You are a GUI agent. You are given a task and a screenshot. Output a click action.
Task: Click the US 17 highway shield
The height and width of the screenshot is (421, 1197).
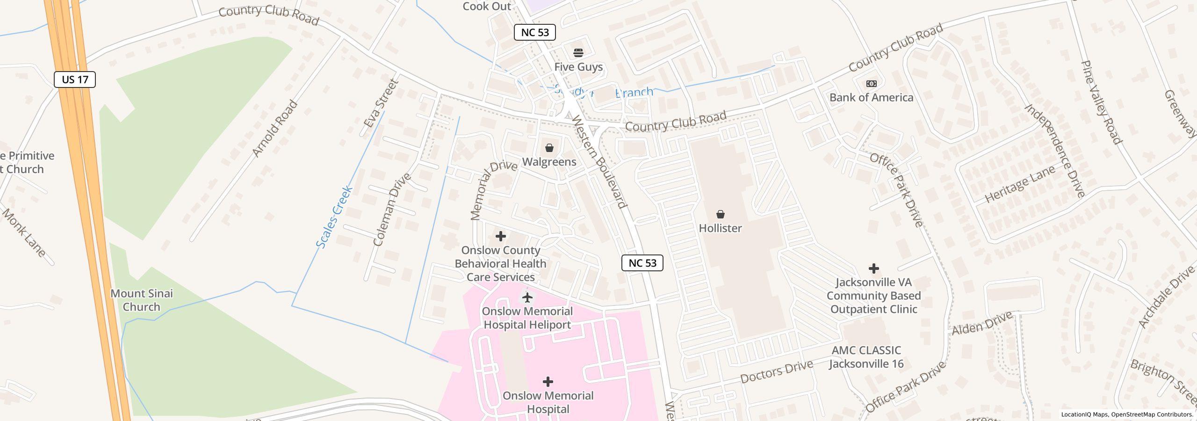point(75,80)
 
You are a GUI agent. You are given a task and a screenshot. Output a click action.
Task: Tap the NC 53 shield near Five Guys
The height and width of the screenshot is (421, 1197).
point(534,32)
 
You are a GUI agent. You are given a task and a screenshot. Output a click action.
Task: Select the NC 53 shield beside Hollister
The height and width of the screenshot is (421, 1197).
point(642,263)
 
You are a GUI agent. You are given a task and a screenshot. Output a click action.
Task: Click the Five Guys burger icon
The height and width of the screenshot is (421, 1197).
point(578,52)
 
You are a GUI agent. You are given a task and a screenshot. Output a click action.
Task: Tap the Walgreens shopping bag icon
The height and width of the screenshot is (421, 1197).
point(549,148)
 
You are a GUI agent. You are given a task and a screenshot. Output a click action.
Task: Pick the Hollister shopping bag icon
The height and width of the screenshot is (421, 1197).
point(720,214)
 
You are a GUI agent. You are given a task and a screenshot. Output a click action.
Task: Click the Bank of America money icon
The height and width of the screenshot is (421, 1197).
point(871,84)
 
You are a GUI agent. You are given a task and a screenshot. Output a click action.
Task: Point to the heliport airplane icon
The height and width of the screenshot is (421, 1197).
point(527,297)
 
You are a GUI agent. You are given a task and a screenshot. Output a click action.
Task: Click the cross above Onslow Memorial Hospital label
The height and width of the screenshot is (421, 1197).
point(548,382)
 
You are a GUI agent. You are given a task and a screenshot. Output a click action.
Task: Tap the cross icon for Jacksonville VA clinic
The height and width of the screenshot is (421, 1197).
point(873,269)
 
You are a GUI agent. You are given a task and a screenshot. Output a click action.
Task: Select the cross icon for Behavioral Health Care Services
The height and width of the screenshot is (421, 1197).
point(500,236)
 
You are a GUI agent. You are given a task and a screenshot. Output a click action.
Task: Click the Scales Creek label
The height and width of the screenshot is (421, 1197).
point(334,217)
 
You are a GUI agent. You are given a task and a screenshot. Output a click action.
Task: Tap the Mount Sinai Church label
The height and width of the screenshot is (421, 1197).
point(142,300)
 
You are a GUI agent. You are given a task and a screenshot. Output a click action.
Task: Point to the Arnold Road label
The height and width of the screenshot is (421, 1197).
point(274,128)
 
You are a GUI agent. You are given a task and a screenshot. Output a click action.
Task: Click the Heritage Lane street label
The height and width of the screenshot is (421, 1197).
point(1020,184)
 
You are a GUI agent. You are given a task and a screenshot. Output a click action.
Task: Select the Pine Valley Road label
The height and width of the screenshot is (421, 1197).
point(1101,102)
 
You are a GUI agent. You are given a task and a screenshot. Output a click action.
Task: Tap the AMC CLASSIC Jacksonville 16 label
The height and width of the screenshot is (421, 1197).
point(866,357)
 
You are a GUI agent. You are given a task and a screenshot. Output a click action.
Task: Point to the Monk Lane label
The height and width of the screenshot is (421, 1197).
point(25,233)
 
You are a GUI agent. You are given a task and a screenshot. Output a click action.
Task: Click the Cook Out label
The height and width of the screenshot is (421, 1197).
point(486,6)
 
